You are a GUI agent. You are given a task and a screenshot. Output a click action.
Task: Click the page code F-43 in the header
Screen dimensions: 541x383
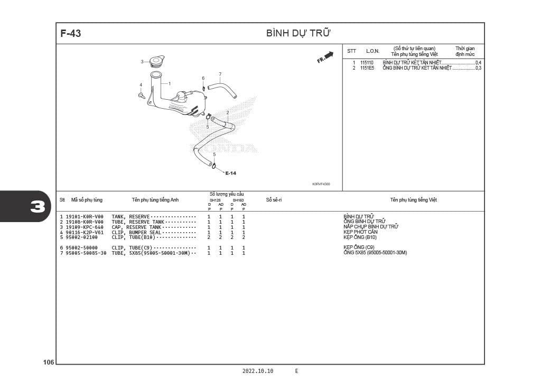tap(71, 33)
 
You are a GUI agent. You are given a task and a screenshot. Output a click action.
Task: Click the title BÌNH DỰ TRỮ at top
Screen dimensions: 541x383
tap(299, 33)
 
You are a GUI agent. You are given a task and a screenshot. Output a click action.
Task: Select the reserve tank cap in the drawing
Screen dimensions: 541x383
tap(157, 61)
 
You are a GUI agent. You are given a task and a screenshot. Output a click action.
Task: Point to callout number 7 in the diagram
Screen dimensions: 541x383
tap(220, 74)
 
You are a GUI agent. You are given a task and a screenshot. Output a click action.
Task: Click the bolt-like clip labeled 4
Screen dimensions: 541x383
tap(142, 95)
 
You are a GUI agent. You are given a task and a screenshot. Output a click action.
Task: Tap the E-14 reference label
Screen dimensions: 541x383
tap(231, 173)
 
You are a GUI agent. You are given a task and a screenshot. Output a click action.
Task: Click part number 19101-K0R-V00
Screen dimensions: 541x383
tap(85, 217)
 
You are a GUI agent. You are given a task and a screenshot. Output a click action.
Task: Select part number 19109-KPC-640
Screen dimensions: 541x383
tap(85, 227)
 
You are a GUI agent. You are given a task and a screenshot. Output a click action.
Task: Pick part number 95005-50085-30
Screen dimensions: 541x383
tap(86, 253)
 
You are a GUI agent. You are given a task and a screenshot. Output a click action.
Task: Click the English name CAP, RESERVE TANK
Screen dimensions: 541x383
tap(136, 227)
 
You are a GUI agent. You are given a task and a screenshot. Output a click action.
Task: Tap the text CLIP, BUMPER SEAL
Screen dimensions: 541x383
tap(136, 232)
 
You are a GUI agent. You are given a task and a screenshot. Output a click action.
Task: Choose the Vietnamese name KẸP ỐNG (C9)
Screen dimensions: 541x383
tap(359, 247)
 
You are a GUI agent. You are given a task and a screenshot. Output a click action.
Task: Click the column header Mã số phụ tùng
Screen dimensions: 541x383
tap(87, 200)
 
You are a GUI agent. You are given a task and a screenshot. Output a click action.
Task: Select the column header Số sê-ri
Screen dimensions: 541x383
tap(274, 200)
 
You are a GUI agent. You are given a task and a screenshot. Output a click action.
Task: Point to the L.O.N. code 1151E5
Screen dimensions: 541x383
tap(367, 68)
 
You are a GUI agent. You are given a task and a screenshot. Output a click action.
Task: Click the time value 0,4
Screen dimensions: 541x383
tap(478, 63)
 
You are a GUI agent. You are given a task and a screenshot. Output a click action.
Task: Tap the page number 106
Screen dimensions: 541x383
tap(49, 362)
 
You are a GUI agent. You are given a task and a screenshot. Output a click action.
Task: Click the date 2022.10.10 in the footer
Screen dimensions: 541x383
tap(258, 371)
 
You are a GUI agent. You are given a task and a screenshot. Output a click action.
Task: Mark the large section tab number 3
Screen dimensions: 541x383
tap(38, 206)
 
